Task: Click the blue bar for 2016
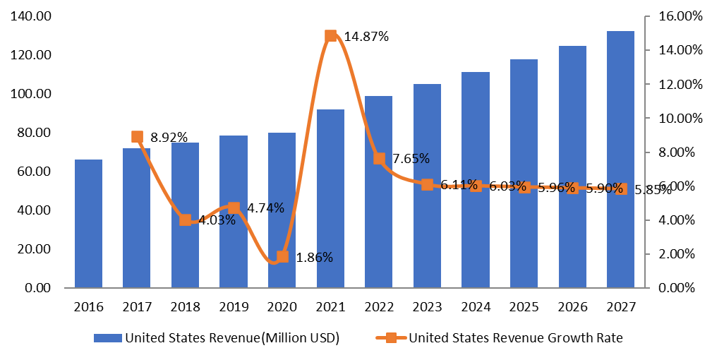88,224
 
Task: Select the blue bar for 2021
330,198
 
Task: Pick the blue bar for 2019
234,212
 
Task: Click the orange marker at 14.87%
330,36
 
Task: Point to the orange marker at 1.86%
282,256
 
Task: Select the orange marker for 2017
137,137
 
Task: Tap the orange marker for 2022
379,158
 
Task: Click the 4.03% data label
215,220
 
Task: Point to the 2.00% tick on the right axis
676,254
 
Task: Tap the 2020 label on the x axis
282,308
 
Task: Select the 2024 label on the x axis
476,308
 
